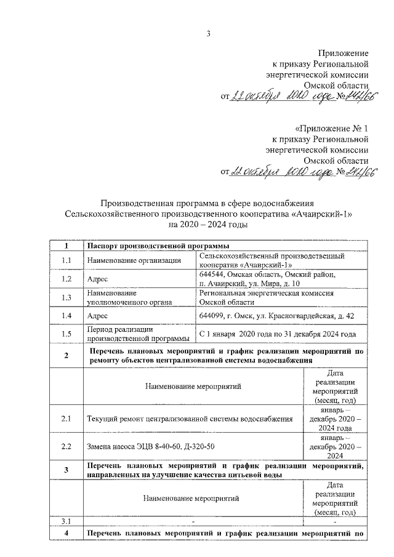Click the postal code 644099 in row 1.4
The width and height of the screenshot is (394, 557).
point(212,315)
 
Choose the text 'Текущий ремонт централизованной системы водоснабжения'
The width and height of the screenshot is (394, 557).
point(190,419)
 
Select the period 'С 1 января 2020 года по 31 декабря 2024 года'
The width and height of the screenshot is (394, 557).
point(278,334)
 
